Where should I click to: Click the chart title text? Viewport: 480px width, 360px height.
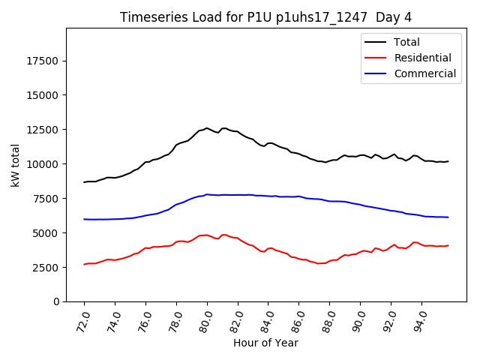tap(266, 17)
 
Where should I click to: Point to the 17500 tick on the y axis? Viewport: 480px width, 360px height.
tap(43, 61)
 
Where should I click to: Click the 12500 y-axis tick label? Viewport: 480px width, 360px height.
tap(43, 130)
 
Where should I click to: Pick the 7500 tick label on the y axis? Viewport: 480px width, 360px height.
tap(46, 199)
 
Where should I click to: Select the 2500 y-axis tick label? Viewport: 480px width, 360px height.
tap(46, 268)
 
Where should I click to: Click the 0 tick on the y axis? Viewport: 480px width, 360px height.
tap(58, 301)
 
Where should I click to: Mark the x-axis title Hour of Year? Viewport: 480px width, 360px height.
tap(266, 343)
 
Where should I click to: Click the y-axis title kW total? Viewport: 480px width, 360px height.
tap(16, 165)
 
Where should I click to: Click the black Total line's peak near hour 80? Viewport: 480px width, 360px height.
tap(207, 128)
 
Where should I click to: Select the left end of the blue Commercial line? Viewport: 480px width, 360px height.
tap(84, 219)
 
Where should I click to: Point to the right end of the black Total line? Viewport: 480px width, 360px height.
tap(448, 161)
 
